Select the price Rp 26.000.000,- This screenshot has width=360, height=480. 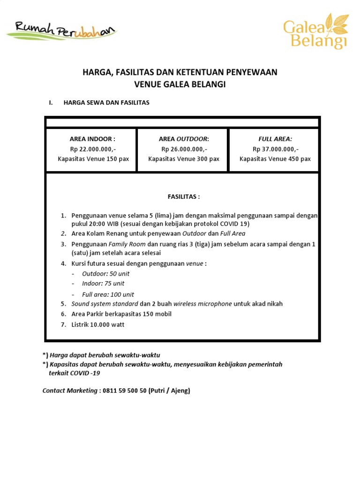(184, 149)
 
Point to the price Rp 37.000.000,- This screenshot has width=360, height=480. (275, 149)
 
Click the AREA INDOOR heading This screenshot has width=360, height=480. (92, 139)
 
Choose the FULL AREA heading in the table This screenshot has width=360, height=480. (275, 139)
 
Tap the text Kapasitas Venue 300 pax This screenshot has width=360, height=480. (184, 159)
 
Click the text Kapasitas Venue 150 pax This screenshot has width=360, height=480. (93, 159)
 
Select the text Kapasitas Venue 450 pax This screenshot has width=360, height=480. (275, 159)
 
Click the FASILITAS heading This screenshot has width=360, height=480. (184, 196)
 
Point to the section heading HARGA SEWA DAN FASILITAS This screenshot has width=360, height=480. (106, 103)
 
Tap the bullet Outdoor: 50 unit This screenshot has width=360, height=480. (106, 274)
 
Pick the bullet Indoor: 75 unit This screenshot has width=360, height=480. (103, 284)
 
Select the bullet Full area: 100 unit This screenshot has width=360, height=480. (108, 294)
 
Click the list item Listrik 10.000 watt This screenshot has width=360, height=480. (98, 324)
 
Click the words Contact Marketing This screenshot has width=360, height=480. (69, 390)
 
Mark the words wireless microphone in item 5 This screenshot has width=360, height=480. (202, 304)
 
